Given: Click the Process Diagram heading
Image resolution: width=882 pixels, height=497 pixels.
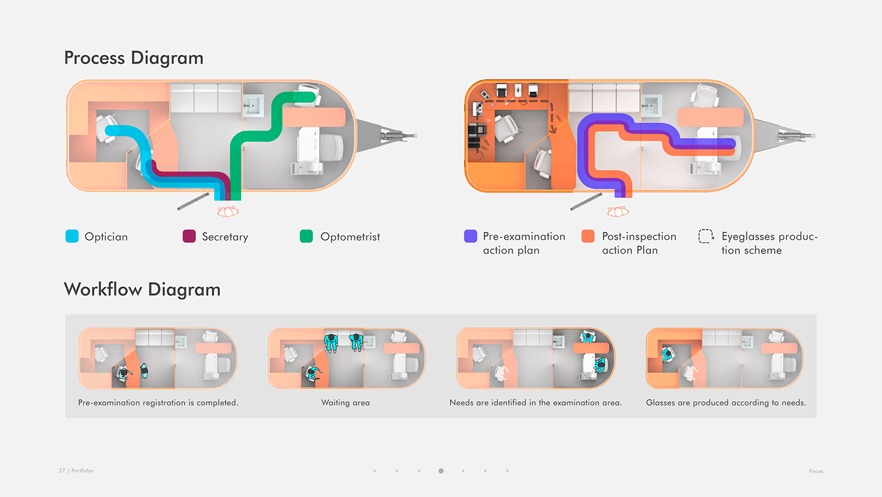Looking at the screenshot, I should point(134,58).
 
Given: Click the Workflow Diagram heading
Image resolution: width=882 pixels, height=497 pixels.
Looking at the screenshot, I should point(142,289).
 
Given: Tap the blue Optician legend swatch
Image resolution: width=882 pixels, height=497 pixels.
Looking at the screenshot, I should point(72,237).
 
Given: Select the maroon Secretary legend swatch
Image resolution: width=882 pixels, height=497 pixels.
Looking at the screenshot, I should point(189,237).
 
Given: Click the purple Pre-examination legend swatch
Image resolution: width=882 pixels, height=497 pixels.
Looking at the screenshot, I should point(470,237).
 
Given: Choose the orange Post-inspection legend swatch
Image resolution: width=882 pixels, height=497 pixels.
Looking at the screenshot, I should point(588,237).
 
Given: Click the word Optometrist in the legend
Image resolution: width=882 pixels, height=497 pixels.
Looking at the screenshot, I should point(350,237).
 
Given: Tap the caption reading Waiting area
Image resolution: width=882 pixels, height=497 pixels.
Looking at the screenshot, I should point(345,402).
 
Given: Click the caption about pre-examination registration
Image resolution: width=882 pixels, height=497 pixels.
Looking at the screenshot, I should point(158,402).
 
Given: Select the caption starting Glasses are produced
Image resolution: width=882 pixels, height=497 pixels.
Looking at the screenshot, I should point(726,402).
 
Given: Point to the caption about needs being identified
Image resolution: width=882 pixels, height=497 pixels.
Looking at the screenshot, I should point(535,402).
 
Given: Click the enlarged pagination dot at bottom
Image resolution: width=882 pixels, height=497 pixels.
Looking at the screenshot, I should point(440,471).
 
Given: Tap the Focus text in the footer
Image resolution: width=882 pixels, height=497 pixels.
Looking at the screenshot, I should point(816,471).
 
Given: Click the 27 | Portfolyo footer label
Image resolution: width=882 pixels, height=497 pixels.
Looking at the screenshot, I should point(76,471).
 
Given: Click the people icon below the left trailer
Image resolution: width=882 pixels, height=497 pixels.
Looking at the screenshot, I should point(227,212).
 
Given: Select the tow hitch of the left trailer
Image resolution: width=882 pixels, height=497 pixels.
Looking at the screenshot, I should point(397,134).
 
